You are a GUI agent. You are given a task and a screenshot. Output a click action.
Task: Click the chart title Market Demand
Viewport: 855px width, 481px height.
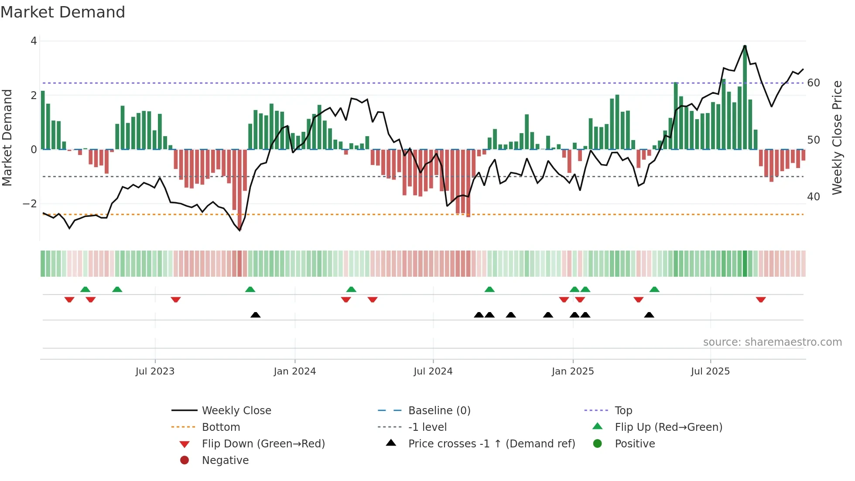(63, 12)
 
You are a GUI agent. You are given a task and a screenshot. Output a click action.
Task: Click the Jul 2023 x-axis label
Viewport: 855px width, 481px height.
(155, 371)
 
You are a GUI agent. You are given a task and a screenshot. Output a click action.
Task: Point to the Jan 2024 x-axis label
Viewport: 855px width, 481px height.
(294, 371)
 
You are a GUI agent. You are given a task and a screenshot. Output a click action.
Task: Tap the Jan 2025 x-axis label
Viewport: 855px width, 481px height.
(572, 371)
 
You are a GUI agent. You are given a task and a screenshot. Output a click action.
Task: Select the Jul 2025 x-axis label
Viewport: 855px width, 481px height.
(710, 371)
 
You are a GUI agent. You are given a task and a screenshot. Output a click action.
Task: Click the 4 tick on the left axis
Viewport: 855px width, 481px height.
(34, 41)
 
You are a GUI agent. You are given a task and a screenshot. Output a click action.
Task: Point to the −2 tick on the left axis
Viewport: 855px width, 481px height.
(30, 204)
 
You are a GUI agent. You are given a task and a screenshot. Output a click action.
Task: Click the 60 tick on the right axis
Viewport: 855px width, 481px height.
(813, 83)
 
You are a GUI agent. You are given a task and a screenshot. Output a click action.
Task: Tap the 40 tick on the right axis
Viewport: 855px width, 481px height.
(813, 197)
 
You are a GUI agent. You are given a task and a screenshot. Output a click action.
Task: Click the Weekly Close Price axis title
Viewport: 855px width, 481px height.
(837, 137)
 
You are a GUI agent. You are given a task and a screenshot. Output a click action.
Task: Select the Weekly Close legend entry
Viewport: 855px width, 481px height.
(236, 411)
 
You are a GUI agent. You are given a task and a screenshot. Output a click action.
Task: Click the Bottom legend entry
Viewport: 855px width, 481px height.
(221, 427)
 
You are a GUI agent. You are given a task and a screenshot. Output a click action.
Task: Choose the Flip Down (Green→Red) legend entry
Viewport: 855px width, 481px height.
(263, 444)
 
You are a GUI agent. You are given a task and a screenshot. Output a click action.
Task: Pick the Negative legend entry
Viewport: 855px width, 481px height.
(225, 460)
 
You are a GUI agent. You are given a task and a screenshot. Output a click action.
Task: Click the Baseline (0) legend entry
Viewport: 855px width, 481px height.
(439, 411)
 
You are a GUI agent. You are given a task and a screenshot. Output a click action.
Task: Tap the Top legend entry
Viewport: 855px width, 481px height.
(623, 411)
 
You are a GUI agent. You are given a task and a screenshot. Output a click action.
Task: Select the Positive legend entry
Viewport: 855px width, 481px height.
(634, 444)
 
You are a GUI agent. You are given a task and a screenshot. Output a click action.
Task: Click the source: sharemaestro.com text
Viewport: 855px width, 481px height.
(772, 342)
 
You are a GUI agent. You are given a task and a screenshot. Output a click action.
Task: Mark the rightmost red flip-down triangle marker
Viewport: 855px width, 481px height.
(761, 300)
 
